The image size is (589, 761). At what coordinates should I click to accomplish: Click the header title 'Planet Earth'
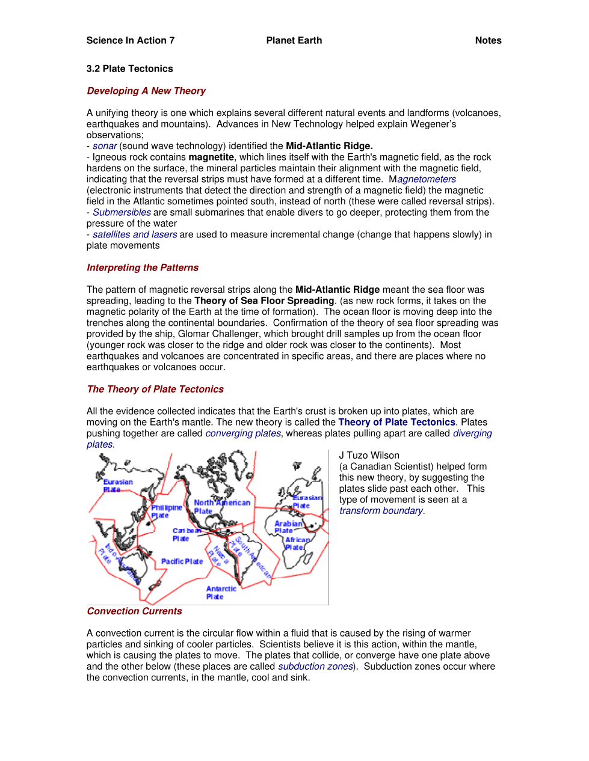[294, 40]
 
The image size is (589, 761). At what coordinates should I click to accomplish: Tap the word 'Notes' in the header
[488, 40]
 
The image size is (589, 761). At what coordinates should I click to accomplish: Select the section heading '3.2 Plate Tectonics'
[129, 69]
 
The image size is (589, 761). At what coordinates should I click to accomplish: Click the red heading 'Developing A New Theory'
[146, 91]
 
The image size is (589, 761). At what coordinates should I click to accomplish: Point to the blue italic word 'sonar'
[105, 146]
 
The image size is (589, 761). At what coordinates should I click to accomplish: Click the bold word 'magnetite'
[211, 157]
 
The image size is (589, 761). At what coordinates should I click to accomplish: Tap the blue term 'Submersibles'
[122, 212]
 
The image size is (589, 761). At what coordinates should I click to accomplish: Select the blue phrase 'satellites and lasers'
[135, 234]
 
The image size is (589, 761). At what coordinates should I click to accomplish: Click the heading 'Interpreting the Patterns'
[143, 267]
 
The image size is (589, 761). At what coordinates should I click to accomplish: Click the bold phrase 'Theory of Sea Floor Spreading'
[264, 301]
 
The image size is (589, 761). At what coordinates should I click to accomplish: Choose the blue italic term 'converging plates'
[243, 433]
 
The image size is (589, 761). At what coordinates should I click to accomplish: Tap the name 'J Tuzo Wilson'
[369, 456]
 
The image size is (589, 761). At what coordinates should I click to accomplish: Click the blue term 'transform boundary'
[381, 511]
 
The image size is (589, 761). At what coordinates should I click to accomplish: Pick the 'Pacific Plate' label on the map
[182, 561]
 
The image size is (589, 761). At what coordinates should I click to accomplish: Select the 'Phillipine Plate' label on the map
[165, 512]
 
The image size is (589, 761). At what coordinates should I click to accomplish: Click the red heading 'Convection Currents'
[134, 611]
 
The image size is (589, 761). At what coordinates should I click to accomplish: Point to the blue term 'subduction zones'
[315, 667]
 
